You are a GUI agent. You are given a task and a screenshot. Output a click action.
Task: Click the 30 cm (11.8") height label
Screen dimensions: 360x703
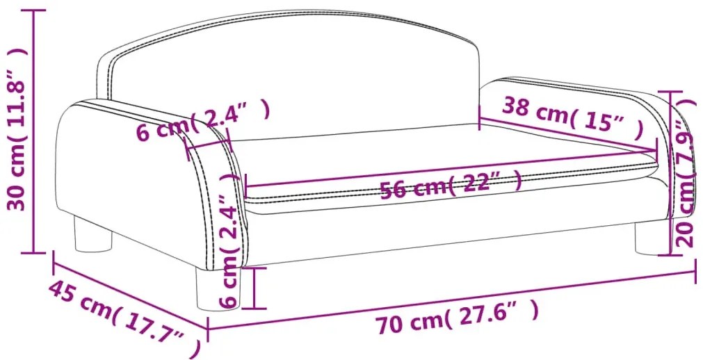(17, 129)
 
